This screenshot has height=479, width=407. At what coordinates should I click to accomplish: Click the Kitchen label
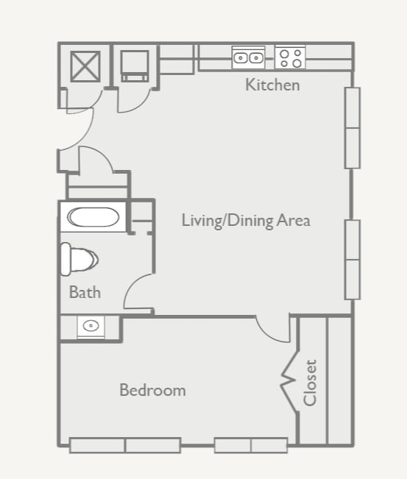pos(272,85)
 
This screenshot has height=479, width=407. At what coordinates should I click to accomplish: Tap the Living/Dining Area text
pos(246,220)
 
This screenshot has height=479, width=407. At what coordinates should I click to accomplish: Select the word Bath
pos(85,292)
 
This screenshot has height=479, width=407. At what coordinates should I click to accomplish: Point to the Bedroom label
pos(152,390)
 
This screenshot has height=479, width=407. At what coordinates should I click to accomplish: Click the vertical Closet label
pos(310,383)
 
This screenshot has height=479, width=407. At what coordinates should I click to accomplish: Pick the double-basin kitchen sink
pos(248,57)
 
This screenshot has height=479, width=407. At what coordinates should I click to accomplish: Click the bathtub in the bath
pos(92,218)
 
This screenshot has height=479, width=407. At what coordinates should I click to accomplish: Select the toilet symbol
pos(79,259)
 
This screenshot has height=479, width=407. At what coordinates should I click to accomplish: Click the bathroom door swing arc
pos(138,292)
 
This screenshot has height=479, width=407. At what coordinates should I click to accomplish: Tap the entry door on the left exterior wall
pos(74,132)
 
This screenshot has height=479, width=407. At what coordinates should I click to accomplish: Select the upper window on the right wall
pos(353,128)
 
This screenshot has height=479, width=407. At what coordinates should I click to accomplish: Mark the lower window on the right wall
pos(353,259)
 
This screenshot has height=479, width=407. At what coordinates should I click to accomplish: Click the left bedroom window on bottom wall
pos(125,445)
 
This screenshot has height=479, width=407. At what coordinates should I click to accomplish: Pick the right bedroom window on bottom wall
pos(251,445)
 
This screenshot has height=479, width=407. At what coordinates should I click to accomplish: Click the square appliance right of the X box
pos(135,66)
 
